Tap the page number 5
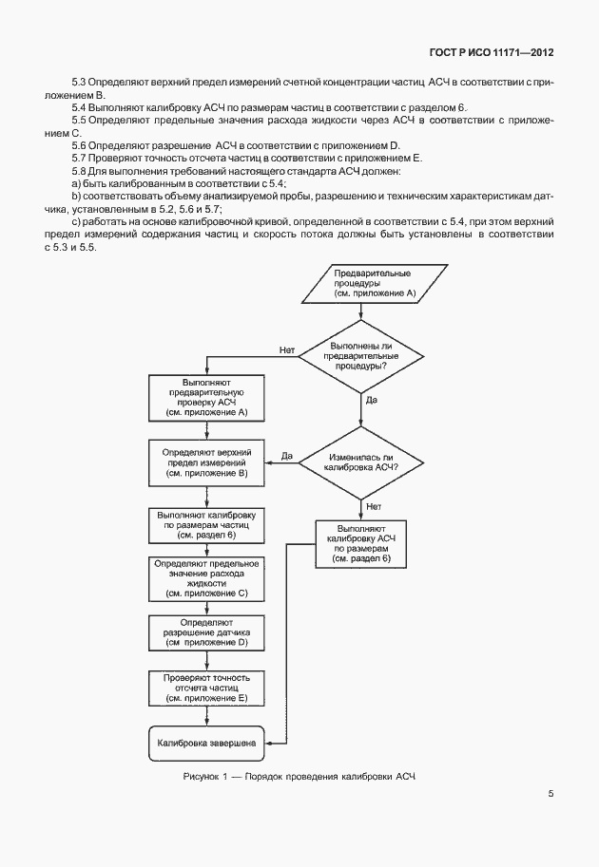(x=551, y=794)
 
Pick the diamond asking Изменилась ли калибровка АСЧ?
(x=361, y=462)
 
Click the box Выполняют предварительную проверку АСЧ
(x=207, y=397)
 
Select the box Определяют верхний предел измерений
(x=207, y=462)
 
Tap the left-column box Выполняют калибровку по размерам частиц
(x=207, y=525)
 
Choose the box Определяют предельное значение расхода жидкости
(x=207, y=578)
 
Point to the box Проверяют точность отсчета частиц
(x=207, y=688)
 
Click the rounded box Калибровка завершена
(x=207, y=742)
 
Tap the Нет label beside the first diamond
(x=286, y=349)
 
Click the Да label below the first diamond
(x=371, y=401)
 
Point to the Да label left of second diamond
(x=286, y=457)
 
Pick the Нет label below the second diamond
(x=374, y=506)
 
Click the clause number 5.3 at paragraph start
(x=79, y=85)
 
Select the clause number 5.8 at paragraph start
(x=79, y=170)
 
